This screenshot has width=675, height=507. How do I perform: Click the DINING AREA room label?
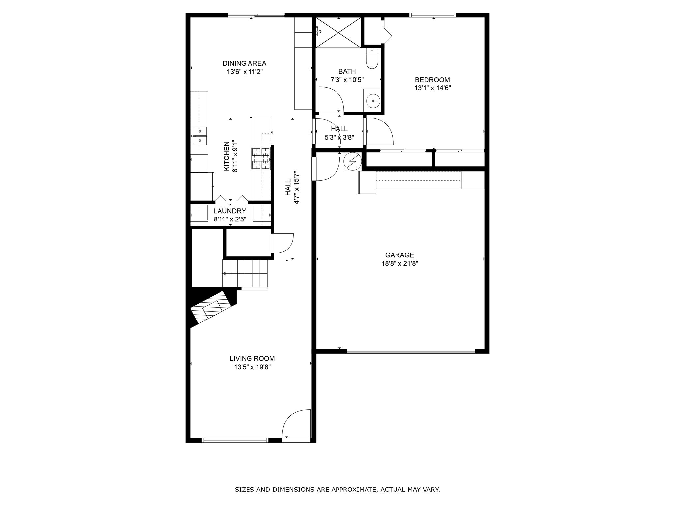[x=244, y=63]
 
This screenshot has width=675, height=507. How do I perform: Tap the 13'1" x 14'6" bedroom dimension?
[x=432, y=88]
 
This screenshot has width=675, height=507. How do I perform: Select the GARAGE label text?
[x=399, y=255]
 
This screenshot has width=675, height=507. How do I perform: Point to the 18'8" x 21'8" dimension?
[x=399, y=264]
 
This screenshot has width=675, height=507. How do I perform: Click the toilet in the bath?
[x=372, y=59]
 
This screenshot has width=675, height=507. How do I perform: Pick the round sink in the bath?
[x=373, y=100]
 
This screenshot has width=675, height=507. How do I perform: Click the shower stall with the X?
[x=338, y=32]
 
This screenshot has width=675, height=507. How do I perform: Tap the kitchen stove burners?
[x=261, y=158]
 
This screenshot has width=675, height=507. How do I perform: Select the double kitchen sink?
[x=200, y=136]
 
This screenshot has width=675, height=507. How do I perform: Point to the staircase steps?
[x=245, y=274]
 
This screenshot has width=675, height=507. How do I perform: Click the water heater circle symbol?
[x=352, y=161]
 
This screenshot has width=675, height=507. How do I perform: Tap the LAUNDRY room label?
[x=230, y=211]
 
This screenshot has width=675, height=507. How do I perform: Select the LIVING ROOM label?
[x=252, y=358]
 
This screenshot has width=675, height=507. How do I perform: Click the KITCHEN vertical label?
[x=227, y=156]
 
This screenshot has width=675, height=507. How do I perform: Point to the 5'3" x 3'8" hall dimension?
[x=339, y=137]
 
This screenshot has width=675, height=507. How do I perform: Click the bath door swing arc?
[x=332, y=99]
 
